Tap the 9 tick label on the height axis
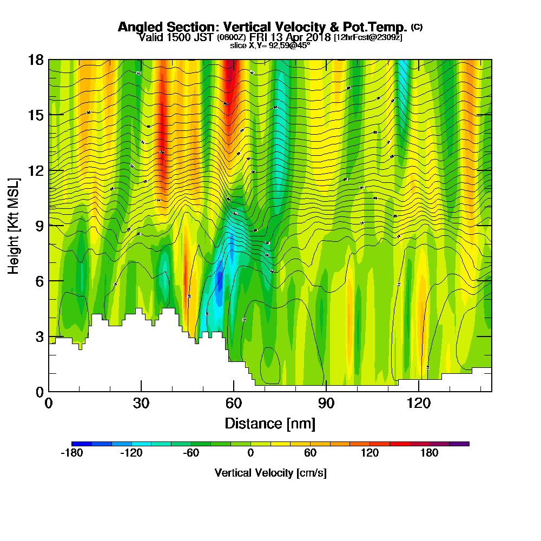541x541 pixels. (39, 226)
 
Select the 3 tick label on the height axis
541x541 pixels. (39, 337)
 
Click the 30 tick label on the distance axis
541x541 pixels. (141, 403)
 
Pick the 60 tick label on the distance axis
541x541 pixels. (234, 403)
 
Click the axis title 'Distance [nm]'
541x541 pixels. (270, 423)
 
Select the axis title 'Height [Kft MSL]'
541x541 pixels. (14, 226)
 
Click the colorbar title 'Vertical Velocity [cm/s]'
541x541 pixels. (270, 473)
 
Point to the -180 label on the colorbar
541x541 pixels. (71, 453)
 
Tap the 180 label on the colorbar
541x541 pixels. (430, 453)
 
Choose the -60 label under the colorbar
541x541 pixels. (191, 453)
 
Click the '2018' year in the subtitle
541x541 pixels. (319, 37)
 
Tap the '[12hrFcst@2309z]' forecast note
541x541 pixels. (368, 37)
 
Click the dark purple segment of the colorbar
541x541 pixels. (459, 444)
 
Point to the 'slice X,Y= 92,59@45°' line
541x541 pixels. (270, 45)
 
